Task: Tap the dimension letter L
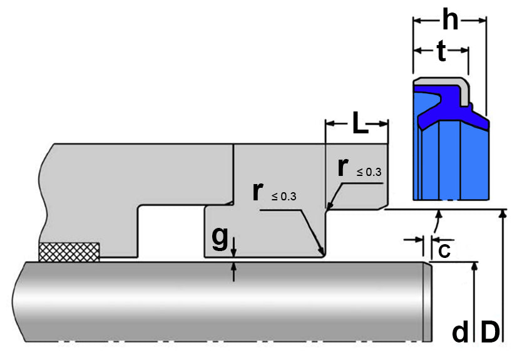[359, 124]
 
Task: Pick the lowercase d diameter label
[460, 332]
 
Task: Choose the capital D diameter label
[490, 332]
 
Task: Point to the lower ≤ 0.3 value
[284, 197]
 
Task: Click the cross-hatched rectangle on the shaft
[69, 251]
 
